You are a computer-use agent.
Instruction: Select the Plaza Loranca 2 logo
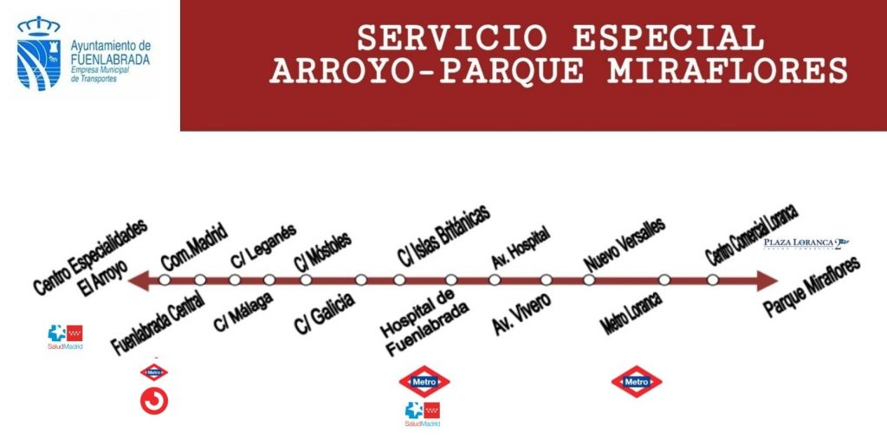806,242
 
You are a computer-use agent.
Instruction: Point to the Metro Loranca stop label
631,314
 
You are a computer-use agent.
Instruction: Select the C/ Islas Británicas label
443,236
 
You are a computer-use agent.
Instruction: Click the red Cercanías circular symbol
154,401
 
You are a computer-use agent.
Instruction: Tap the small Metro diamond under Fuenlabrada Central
154,373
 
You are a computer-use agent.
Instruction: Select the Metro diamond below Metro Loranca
637,382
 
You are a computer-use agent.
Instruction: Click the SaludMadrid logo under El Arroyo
66,335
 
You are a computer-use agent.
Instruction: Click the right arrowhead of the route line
766,280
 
